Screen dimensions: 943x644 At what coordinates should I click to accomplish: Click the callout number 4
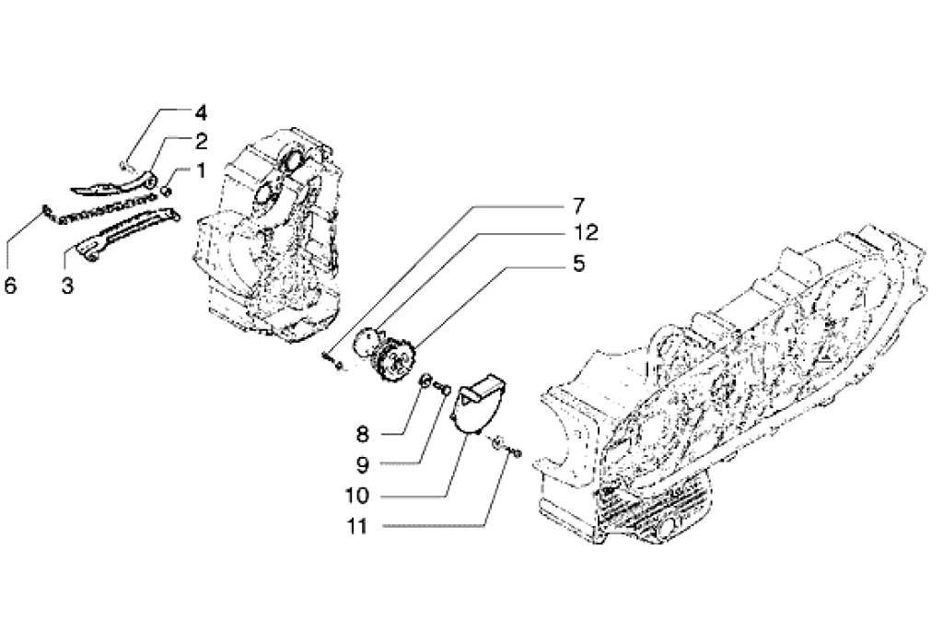tap(200, 112)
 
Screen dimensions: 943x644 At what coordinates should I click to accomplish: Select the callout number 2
tap(201, 142)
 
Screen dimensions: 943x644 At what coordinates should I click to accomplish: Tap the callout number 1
tap(200, 170)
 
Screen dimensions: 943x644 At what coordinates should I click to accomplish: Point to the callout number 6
tap(10, 286)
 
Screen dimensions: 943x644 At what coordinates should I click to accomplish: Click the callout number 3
tap(67, 286)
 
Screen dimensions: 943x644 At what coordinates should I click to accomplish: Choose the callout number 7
tap(578, 205)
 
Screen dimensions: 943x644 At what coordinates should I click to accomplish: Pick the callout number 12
tap(585, 232)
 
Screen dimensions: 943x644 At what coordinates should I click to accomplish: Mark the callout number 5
tap(578, 263)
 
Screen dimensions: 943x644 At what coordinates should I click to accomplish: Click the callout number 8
tap(362, 434)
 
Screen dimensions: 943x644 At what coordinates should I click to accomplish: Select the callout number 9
tap(362, 464)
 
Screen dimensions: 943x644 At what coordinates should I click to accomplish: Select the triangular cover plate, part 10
tap(478, 404)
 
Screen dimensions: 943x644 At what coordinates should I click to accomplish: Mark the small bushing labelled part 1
tap(168, 192)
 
